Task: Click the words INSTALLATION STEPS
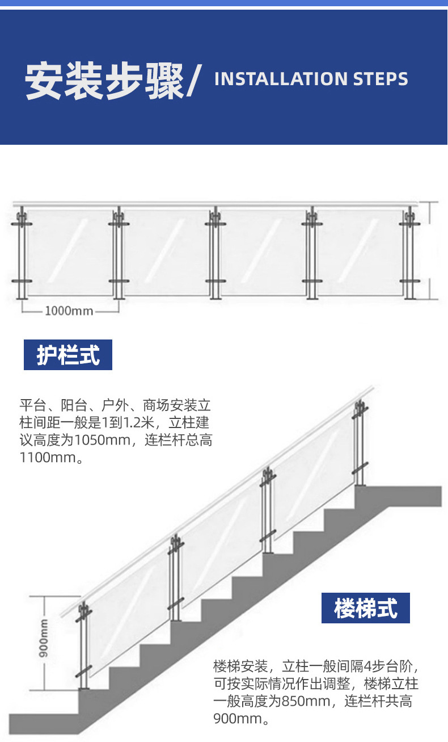pyautogui.click(x=311, y=79)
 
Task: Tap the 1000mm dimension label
pyautogui.click(x=69, y=311)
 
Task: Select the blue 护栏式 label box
pyautogui.click(x=68, y=355)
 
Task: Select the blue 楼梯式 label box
pyautogui.click(x=365, y=608)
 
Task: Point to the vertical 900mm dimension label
pyautogui.click(x=44, y=638)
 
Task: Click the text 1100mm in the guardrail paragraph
pyautogui.click(x=48, y=458)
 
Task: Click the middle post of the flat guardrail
pyautogui.click(x=215, y=253)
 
